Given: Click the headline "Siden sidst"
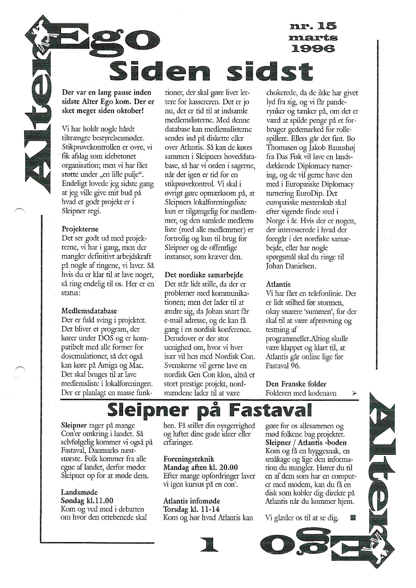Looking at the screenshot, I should [212, 71].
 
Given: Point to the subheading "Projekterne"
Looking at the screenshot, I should [80, 229].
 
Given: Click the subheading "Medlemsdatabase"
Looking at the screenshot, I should [89, 311].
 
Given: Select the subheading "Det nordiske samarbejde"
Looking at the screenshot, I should [204, 275].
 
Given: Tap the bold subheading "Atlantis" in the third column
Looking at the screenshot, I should [278, 284].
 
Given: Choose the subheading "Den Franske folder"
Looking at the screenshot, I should [296, 384].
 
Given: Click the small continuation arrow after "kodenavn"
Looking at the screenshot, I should [355, 393].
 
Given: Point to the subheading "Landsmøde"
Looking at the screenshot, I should [79, 492].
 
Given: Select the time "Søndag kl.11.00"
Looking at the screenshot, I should [87, 501].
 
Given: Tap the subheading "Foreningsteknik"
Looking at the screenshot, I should [189, 459].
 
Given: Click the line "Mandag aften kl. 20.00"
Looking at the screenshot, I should [200, 468].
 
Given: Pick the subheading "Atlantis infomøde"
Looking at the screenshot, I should [192, 501].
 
